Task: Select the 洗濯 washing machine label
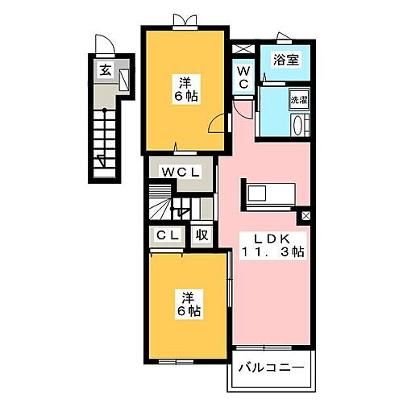(298, 100)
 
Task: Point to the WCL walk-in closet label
(181, 171)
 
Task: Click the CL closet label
(168, 236)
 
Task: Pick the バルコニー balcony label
(271, 368)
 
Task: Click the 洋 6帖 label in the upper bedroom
(185, 88)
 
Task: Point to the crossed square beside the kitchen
(305, 216)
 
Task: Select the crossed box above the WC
(243, 48)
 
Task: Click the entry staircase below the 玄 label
(106, 134)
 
